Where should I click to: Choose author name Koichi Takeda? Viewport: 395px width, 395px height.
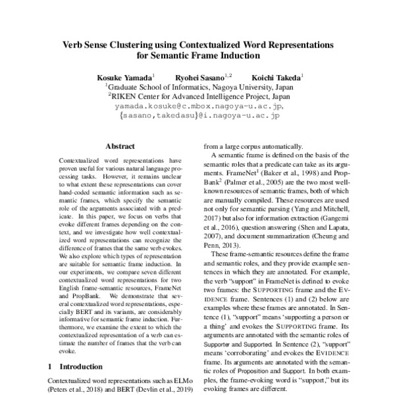coord(276,76)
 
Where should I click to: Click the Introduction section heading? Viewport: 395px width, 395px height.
coord(78,365)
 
